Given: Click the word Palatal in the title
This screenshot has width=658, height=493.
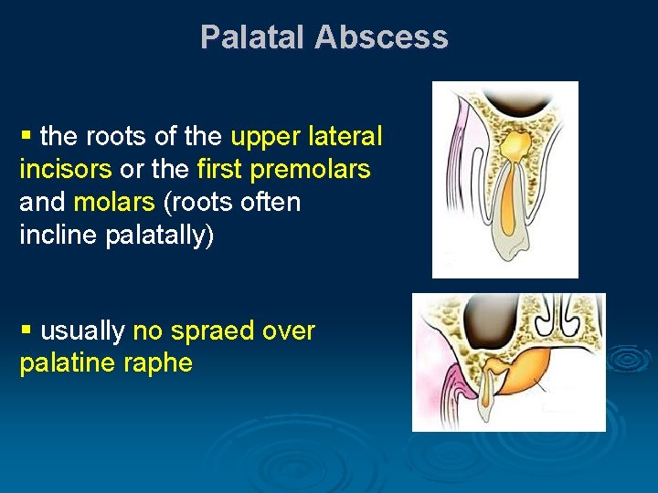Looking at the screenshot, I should pyautogui.click(x=253, y=37).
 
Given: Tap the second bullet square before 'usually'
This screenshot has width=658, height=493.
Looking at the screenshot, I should pyautogui.click(x=27, y=330).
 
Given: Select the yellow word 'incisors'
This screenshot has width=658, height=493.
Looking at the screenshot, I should pyautogui.click(x=65, y=170).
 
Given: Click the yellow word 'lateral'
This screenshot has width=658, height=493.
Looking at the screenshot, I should pyautogui.click(x=344, y=137).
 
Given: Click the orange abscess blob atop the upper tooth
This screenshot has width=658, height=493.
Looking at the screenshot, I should pyautogui.click(x=516, y=143).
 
